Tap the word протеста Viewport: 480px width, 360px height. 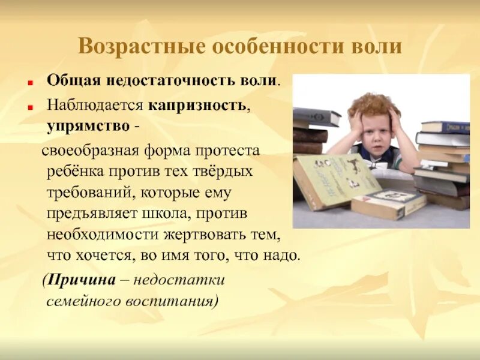pyautogui.click(x=230, y=150)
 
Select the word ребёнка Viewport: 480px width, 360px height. pyautogui.click(x=74, y=172)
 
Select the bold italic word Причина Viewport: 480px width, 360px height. pyautogui.click(x=83, y=280)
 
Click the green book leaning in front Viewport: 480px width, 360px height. pyautogui.click(x=335, y=179)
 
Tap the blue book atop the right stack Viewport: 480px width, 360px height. pyautogui.click(x=445, y=127)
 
